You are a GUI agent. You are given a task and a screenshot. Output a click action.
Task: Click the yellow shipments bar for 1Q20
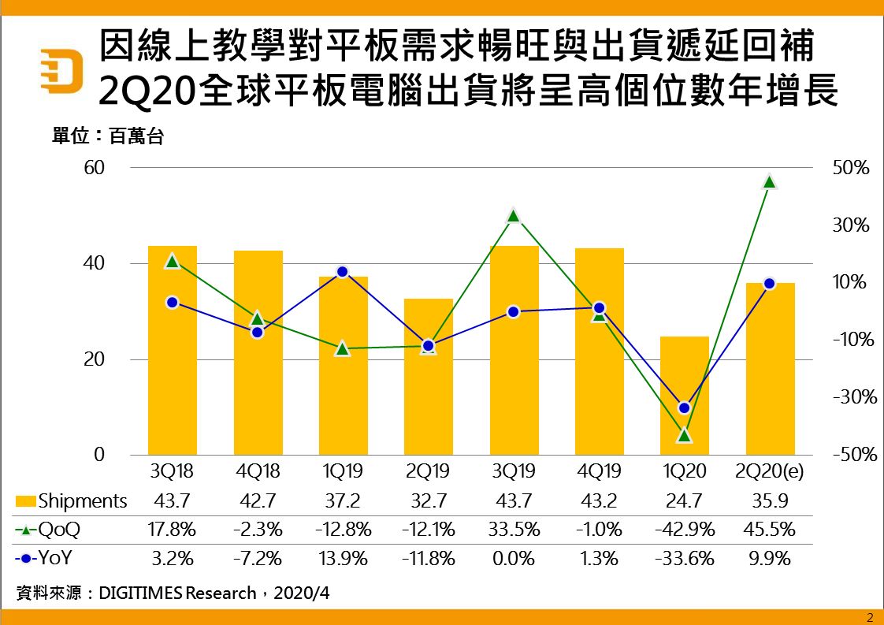click(684, 396)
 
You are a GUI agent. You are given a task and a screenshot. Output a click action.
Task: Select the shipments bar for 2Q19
click(429, 377)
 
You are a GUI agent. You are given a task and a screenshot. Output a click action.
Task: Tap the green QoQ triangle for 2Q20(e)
click(770, 182)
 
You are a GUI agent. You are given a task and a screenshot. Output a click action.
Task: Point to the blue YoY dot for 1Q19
click(343, 272)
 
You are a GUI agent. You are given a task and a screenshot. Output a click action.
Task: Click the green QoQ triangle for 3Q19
click(514, 216)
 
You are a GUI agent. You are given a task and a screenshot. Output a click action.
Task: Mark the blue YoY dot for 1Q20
click(684, 407)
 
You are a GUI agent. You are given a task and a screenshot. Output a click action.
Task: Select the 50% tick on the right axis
click(850, 169)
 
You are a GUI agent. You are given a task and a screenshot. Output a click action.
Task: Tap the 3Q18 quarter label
click(173, 472)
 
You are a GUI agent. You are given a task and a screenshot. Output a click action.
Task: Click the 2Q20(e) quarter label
click(769, 472)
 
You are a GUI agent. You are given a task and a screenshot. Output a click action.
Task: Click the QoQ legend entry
click(49, 530)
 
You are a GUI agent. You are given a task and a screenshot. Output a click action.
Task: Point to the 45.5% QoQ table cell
click(769, 530)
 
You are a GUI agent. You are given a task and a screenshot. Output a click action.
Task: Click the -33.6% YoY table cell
click(684, 559)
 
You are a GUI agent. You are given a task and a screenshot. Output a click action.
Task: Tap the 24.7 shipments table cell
click(684, 500)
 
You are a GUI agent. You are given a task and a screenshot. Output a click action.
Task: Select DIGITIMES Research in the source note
click(177, 593)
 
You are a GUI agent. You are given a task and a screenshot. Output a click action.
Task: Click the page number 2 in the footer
click(870, 616)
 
